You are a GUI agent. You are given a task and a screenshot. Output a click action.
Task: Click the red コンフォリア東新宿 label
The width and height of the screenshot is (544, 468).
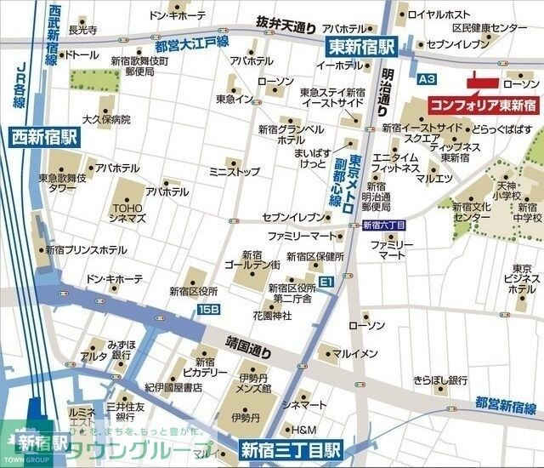pos(481,106)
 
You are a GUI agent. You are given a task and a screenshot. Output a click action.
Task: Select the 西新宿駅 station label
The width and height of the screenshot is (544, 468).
pos(44,134)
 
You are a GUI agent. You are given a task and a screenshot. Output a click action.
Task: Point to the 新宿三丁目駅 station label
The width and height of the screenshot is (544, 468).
pos(290,448)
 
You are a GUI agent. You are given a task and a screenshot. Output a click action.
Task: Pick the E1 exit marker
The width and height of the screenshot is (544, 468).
pos(327,280)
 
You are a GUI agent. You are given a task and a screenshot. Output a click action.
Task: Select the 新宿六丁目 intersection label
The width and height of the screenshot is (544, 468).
pos(383,225)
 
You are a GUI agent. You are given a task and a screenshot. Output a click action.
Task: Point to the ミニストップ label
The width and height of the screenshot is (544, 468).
pos(235,171)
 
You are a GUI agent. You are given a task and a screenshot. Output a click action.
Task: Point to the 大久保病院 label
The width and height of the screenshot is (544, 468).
pos(106,119)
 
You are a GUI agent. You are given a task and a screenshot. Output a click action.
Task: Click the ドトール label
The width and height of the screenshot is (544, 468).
pos(82,55)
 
